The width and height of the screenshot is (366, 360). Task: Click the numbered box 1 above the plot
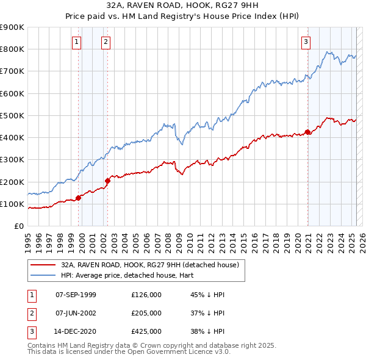(x=76, y=42)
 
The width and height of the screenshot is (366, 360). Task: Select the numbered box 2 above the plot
(x=106, y=42)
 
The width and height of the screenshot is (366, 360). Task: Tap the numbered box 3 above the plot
(x=306, y=42)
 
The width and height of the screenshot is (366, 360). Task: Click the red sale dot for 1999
(x=79, y=198)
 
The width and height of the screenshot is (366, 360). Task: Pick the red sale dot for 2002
(x=107, y=181)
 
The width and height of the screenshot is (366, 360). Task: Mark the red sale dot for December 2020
(x=308, y=132)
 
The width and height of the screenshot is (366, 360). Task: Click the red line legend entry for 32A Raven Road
(x=152, y=265)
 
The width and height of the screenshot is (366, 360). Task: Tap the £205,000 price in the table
(x=146, y=313)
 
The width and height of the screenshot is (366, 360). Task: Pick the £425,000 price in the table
(x=146, y=332)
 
